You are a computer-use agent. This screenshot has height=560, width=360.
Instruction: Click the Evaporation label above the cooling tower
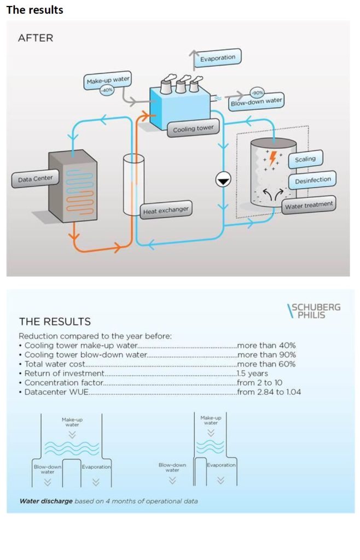pos(218,58)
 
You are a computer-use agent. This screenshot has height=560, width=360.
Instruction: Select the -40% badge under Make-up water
pos(107,90)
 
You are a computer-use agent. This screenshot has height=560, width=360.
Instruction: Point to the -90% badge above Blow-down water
pos(257,93)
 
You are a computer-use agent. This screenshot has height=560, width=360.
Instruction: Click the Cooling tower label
pos(193,129)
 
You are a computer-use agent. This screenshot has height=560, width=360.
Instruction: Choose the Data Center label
pos(35,179)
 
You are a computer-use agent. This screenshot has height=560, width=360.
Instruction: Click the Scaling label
pos(305,159)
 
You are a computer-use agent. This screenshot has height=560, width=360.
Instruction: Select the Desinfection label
pos(312,180)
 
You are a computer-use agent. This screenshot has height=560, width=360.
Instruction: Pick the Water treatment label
pos(309,206)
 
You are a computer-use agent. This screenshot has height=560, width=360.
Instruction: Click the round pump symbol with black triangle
pos(223,180)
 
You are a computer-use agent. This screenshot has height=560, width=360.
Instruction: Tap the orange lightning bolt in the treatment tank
pos(272,158)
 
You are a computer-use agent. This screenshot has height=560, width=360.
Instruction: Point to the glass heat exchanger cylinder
pos(133,184)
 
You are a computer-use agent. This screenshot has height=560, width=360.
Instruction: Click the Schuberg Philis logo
pos(313,311)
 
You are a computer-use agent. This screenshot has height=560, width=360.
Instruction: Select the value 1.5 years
pos(253,374)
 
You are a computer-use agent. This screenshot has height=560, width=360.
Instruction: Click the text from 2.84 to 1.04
pos(269,392)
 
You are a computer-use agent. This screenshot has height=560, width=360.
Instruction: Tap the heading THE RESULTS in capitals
pos(55,322)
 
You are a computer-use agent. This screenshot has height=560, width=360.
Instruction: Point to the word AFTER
pos(36,38)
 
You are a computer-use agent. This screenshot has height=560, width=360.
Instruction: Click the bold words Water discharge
pos(46,501)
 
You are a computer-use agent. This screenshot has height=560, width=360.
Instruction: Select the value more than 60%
pos(266,364)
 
